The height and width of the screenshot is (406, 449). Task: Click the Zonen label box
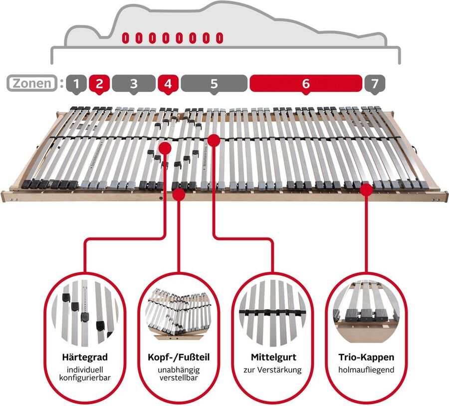[x=31, y=83]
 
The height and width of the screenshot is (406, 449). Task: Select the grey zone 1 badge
[x=76, y=83]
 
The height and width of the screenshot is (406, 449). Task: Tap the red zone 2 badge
[x=99, y=83]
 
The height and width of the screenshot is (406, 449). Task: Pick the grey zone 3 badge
[x=133, y=83]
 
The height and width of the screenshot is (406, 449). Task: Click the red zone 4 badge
[x=168, y=83]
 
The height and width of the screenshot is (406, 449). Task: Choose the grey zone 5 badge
[x=214, y=83]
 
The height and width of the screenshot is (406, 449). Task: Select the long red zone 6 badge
[x=305, y=83]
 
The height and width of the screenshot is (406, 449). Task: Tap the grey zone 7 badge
[x=374, y=83]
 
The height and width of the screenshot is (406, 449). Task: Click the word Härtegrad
[x=84, y=358]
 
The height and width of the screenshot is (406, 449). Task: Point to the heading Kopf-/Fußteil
[x=178, y=358]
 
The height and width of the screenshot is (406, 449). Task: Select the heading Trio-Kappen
[x=366, y=358]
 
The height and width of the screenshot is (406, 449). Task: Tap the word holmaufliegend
[x=366, y=370]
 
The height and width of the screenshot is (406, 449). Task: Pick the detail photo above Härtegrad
[x=84, y=312]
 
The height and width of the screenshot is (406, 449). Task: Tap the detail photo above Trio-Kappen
[x=366, y=312]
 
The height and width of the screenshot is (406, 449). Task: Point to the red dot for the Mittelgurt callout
[x=214, y=140]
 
